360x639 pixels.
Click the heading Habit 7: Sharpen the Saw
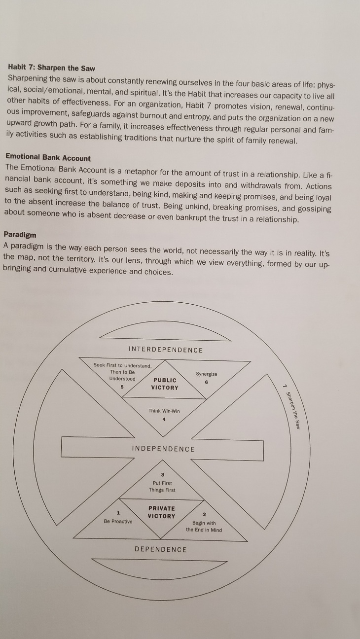[52, 68]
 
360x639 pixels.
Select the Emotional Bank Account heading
[48, 158]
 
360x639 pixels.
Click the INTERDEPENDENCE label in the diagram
[166, 350]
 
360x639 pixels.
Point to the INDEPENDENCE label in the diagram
[164, 449]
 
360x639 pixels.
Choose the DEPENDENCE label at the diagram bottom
[161, 549]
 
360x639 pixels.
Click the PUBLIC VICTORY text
[165, 384]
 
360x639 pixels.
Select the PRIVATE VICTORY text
[162, 512]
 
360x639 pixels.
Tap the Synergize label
[206, 374]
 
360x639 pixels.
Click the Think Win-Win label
[164, 411]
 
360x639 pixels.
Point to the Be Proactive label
[118, 521]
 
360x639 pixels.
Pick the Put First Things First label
[162, 487]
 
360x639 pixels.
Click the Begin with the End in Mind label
[204, 527]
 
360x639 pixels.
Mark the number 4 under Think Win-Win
[164, 420]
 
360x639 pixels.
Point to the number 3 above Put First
[162, 475]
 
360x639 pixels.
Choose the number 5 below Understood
[123, 387]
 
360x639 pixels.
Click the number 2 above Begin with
[204, 515]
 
